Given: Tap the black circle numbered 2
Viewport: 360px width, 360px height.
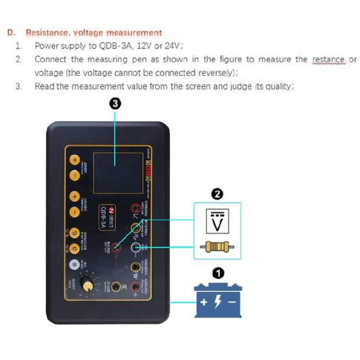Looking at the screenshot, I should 217,194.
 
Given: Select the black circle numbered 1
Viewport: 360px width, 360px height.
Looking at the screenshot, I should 217,273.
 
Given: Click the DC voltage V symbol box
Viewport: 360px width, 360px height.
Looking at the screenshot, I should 217,221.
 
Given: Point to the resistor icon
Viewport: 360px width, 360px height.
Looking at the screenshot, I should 217,247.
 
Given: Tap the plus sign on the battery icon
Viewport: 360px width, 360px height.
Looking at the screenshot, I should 204,303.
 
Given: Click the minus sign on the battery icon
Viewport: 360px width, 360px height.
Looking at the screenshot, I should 232,303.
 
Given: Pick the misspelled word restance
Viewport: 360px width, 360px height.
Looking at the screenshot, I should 329,60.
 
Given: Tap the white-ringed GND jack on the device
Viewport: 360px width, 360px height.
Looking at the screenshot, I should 136,247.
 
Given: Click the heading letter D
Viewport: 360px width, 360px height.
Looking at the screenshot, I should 10,33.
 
